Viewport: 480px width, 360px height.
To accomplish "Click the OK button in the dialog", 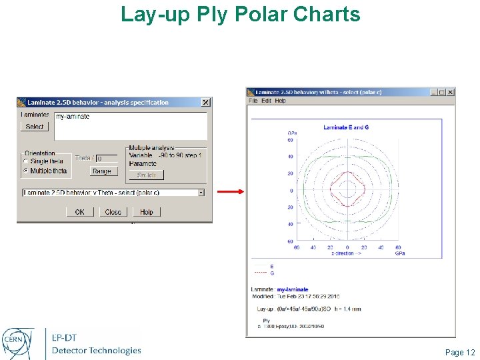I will pos(79,212).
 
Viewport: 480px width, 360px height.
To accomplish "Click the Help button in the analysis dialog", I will pos(146,212).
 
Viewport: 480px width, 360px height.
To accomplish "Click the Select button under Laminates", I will pos(35,127).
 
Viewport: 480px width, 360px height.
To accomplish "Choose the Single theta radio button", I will pos(26,161).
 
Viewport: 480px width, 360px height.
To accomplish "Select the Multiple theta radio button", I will pos(26,171).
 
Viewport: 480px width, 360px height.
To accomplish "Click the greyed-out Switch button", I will pos(146,175).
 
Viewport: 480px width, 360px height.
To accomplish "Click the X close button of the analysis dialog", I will pos(205,103).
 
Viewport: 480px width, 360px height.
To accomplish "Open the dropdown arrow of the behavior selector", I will pos(201,193).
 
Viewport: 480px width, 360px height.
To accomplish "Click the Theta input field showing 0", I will pos(107,159).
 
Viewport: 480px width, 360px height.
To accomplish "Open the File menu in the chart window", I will pos(253,101).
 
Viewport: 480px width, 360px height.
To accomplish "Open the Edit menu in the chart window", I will pos(266,101).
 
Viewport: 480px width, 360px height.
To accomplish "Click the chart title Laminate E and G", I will pos(346,127).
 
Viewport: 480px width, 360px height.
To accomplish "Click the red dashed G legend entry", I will pos(263,273).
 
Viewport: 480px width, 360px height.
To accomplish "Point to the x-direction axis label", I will pos(347,253).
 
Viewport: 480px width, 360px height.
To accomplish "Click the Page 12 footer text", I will pos(460,352).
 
